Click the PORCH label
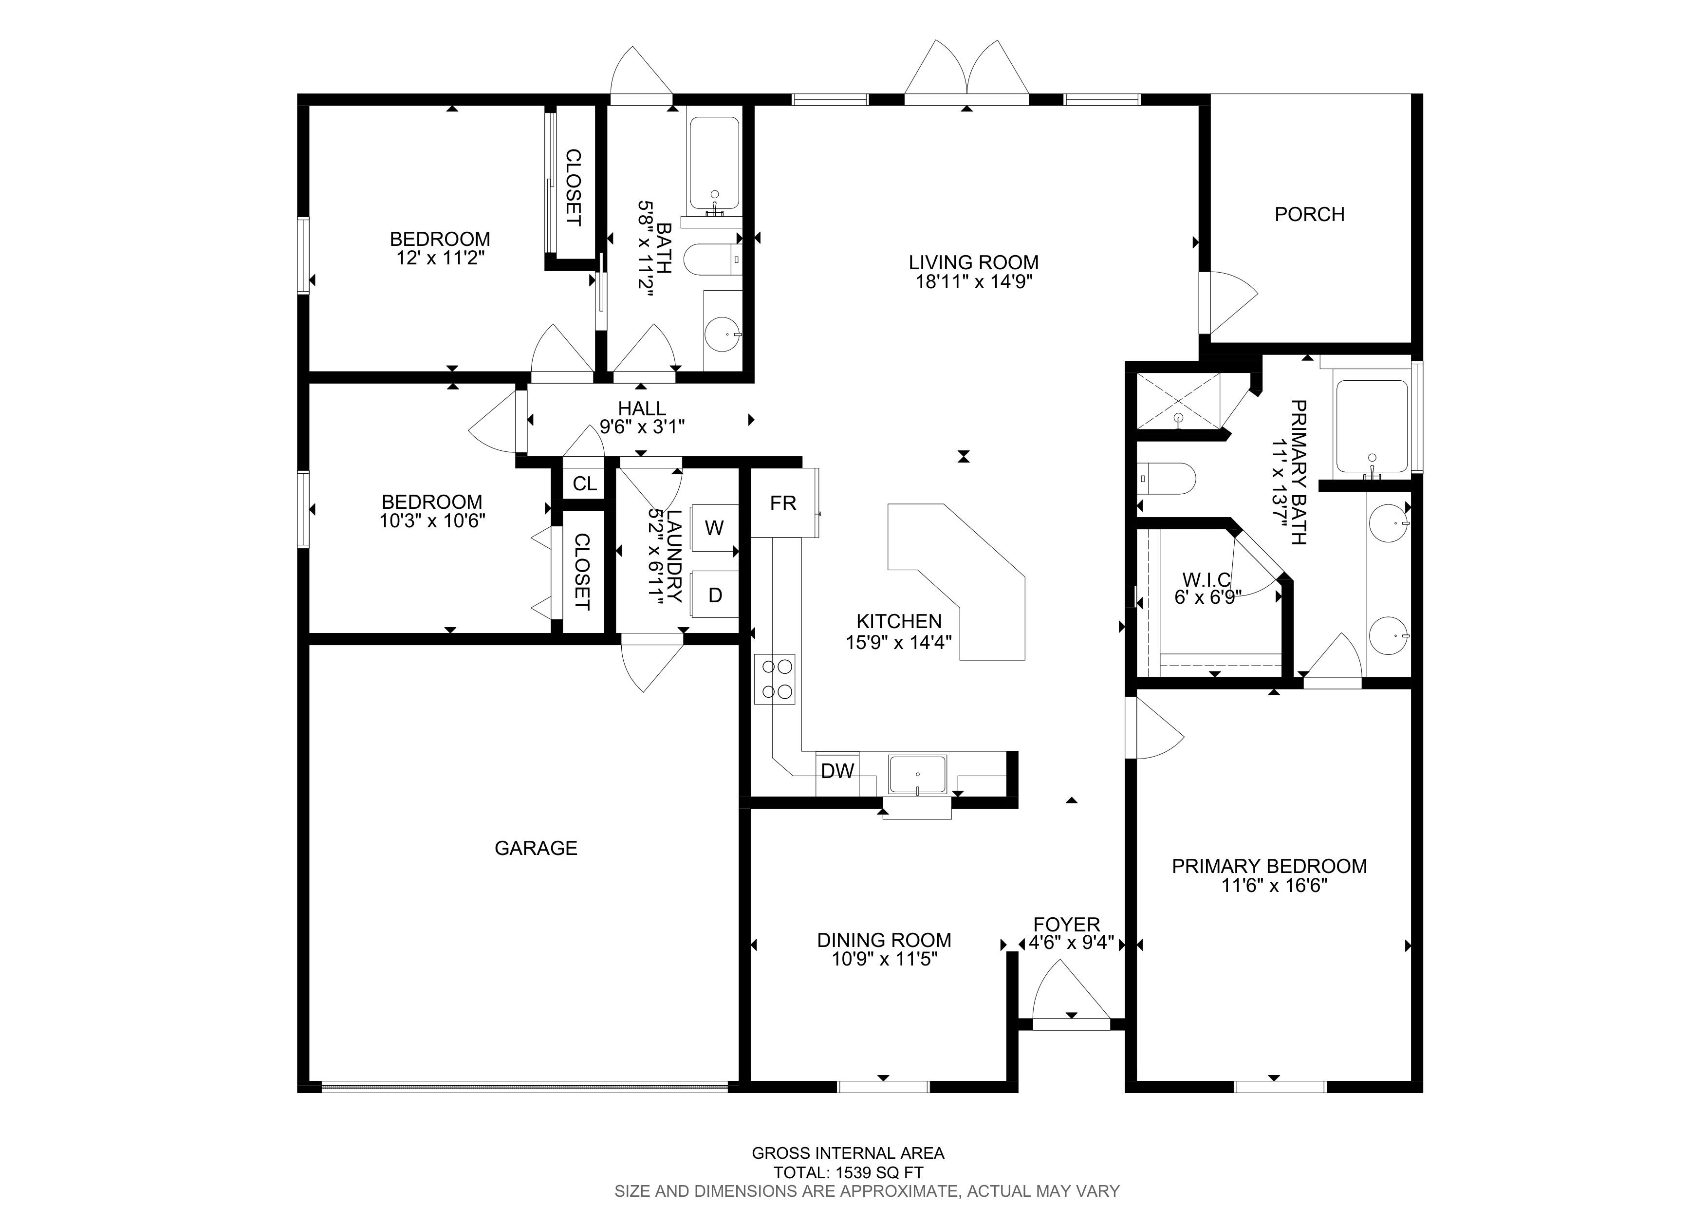click(x=1309, y=214)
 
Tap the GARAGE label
click(x=536, y=848)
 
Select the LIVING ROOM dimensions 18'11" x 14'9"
click(x=974, y=282)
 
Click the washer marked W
click(x=714, y=528)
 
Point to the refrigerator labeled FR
click(x=783, y=503)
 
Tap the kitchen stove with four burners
click(x=775, y=679)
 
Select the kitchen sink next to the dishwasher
click(x=918, y=775)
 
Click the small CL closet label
click(x=585, y=483)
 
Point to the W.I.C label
click(x=1206, y=579)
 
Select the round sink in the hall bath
click(x=723, y=334)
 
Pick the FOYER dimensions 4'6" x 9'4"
click(x=1071, y=943)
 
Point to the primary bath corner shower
click(x=1180, y=402)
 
